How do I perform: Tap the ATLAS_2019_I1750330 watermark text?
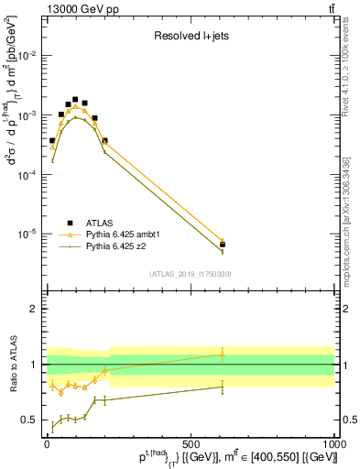(191, 273)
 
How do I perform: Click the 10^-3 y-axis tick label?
(27, 115)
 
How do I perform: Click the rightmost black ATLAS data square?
(223, 245)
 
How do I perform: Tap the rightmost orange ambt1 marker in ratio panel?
(223, 354)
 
